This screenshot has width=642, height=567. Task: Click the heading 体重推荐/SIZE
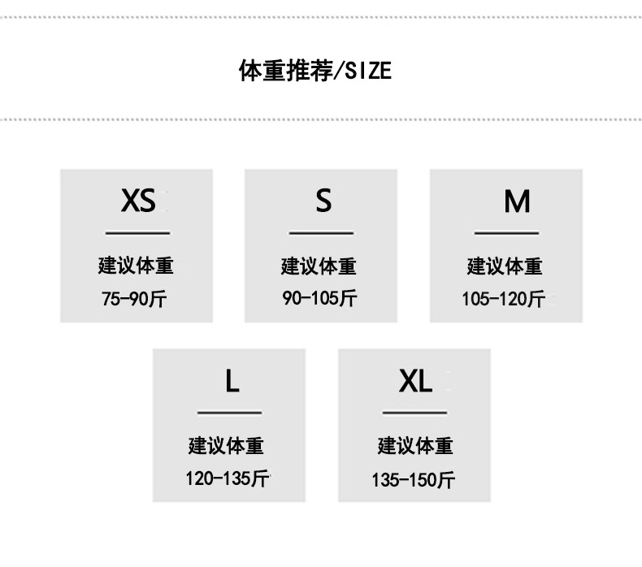click(x=314, y=71)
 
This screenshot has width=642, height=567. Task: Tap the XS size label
click(x=137, y=200)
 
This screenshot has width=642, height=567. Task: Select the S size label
click(x=323, y=200)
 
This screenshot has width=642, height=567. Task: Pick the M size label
click(x=517, y=201)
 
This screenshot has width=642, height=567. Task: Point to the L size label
click(x=232, y=380)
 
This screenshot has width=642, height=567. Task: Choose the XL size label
click(x=415, y=380)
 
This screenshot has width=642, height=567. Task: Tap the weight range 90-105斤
click(x=319, y=298)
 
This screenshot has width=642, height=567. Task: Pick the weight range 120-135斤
click(x=227, y=478)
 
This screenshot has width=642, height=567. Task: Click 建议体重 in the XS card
click(x=136, y=266)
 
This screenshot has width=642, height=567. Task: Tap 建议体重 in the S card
click(x=319, y=266)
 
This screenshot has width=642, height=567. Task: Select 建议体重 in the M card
click(x=504, y=266)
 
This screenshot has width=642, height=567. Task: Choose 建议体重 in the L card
click(x=226, y=446)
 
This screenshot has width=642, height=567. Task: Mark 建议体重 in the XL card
click(x=414, y=446)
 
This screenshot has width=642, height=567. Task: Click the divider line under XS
click(x=137, y=233)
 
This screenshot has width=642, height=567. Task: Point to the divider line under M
click(x=506, y=233)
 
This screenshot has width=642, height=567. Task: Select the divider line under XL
click(x=414, y=413)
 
